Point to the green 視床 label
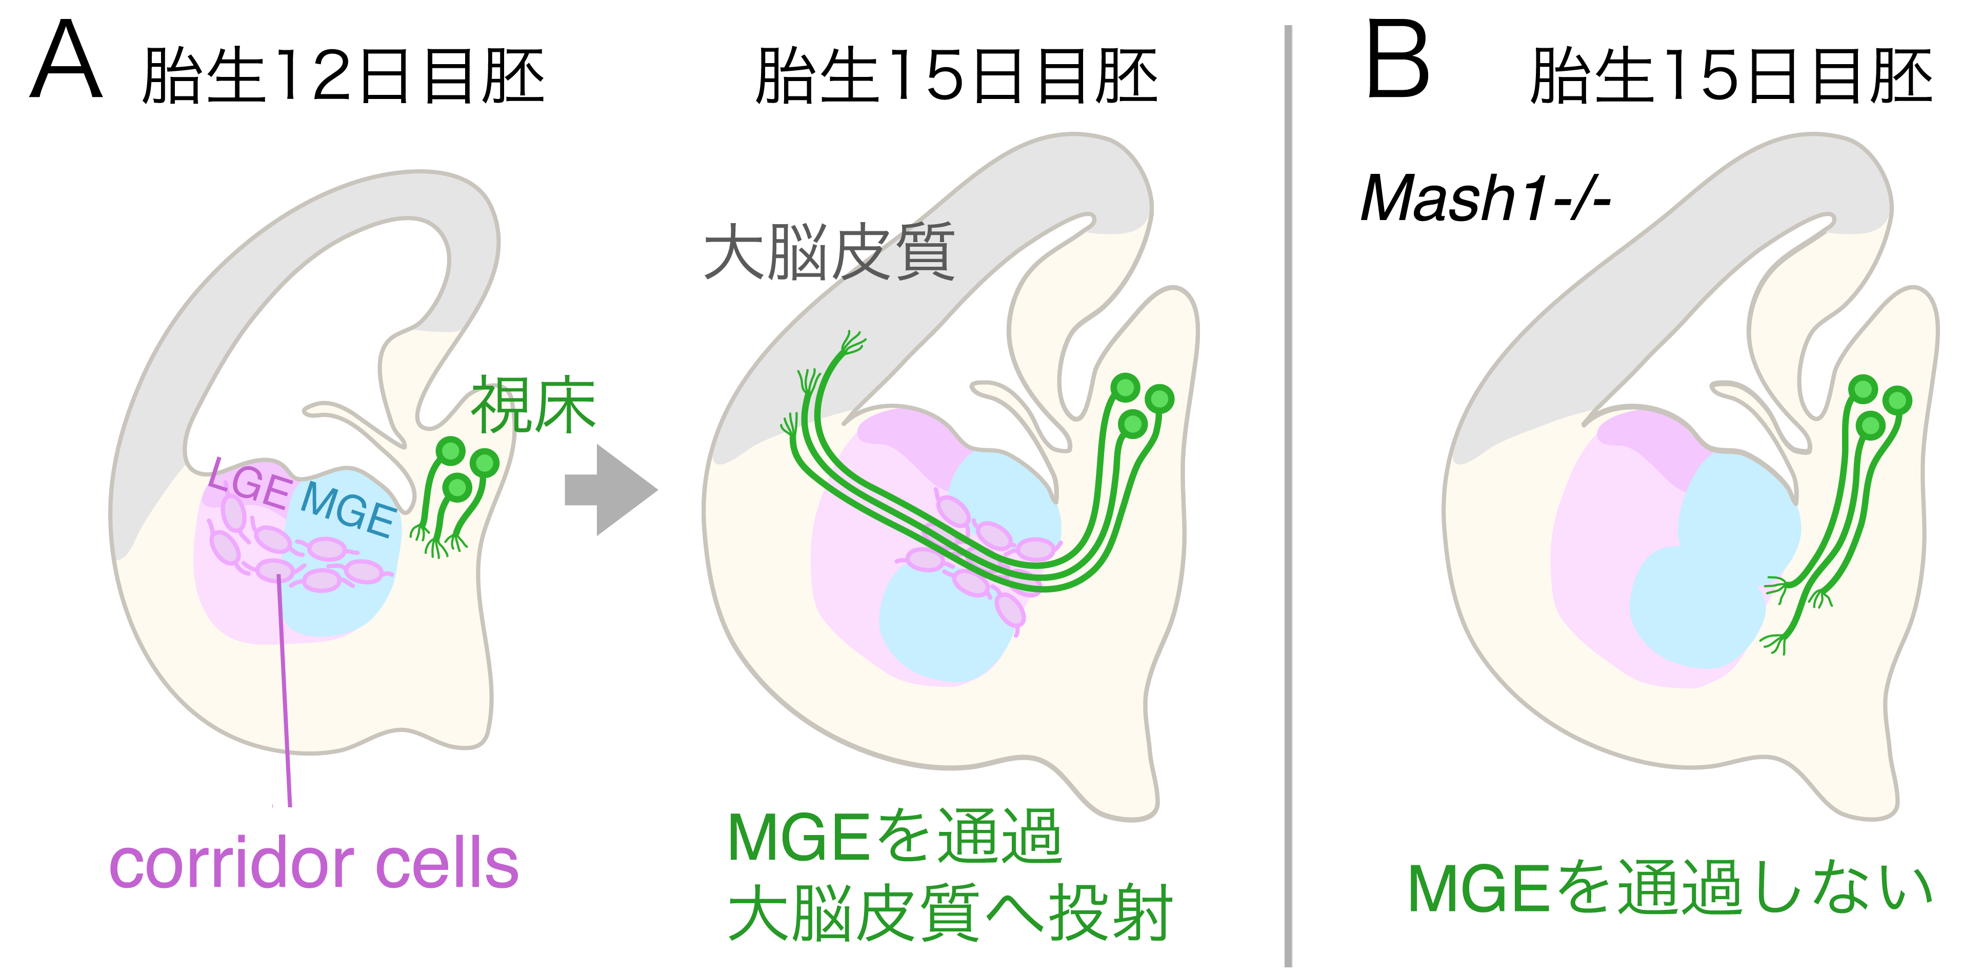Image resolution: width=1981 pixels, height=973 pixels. coord(533,405)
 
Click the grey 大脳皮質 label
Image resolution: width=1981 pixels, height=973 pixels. coord(829,252)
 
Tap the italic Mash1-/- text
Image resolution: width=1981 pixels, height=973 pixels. coord(1484,198)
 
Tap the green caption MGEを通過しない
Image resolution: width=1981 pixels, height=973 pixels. coord(1669,888)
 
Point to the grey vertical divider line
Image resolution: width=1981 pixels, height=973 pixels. coord(1288,492)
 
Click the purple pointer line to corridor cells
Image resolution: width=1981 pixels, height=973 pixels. coord(285,692)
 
